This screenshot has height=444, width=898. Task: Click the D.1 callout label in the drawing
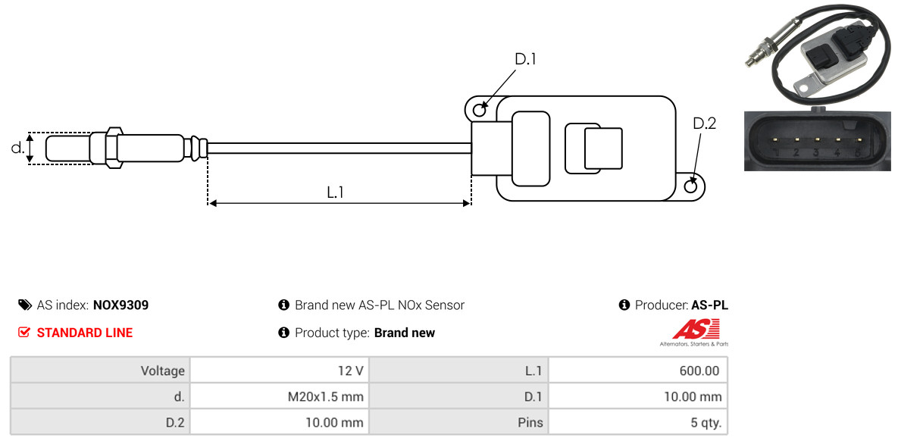point(525,59)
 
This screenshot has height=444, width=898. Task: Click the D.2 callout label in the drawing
point(705,124)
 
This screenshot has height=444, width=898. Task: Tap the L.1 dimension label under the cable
point(335,192)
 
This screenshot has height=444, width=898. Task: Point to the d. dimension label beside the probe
point(17,148)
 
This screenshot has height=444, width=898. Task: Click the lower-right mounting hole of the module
point(692,185)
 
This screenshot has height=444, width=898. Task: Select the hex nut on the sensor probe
point(114,148)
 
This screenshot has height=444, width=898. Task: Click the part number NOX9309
point(120,305)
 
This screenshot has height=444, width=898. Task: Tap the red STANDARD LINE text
point(85,333)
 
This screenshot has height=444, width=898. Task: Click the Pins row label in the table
point(530,423)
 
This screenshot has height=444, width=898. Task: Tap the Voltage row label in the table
point(163,371)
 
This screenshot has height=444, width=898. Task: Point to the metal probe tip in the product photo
point(752,61)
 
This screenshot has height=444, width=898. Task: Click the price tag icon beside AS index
point(24,305)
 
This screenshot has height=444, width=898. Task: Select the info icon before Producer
point(624,305)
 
